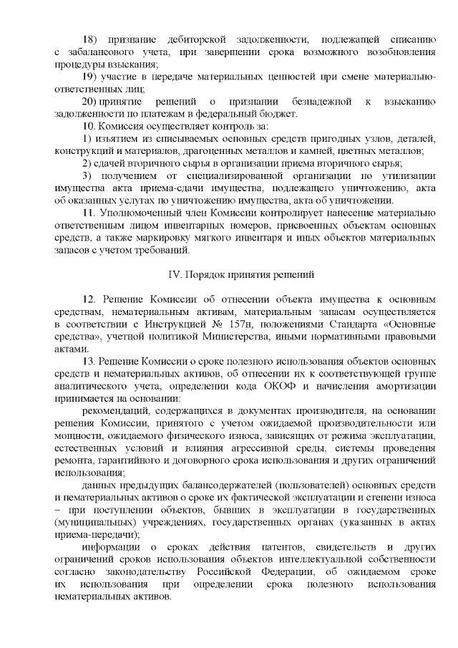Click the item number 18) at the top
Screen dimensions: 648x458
click(91, 37)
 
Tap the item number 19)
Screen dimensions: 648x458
click(91, 77)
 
